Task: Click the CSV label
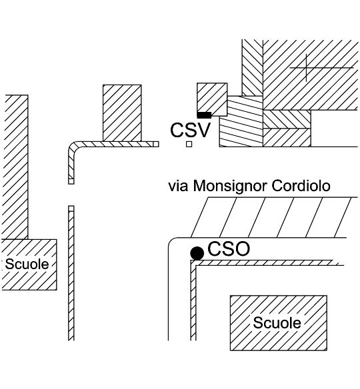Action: (191, 131)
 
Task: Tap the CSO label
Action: (229, 249)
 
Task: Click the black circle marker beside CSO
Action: (197, 253)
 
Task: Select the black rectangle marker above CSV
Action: (204, 115)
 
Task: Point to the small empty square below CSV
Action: (189, 144)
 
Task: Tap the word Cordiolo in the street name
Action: (301, 186)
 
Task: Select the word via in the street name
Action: (178, 187)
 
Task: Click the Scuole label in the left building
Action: (27, 264)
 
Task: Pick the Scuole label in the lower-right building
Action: (277, 323)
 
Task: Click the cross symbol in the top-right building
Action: (307, 67)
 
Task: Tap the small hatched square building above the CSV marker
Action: (212, 99)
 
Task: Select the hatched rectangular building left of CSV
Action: (122, 113)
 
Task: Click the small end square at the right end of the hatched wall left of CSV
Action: (156, 144)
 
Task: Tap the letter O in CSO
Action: (241, 249)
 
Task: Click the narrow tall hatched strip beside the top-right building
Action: (252, 67)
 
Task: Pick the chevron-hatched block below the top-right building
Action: (287, 119)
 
